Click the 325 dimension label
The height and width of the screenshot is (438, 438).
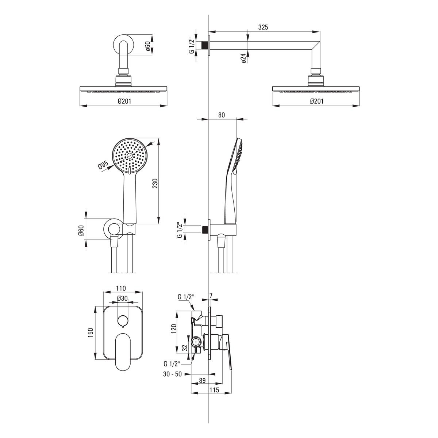[263, 27]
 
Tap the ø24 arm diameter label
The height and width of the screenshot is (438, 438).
[243, 58]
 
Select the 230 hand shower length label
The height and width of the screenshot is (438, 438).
[155, 184]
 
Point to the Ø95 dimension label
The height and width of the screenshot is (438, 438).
[103, 165]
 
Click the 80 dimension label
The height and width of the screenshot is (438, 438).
[222, 115]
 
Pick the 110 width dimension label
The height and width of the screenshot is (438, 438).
[121, 288]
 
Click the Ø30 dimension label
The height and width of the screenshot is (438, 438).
[122, 298]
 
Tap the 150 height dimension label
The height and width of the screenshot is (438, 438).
[91, 333]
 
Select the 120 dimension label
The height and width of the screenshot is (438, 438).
[173, 329]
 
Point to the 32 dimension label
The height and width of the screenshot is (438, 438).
[185, 348]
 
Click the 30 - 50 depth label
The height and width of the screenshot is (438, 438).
[172, 374]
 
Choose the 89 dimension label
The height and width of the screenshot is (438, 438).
[202, 380]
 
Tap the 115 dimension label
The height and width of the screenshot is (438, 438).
[214, 390]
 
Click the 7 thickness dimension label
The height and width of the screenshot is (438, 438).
[211, 296]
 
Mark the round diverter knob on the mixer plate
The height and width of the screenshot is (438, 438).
[123, 321]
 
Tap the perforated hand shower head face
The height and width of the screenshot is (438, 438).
[130, 156]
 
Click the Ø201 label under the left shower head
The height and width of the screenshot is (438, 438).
[124, 101]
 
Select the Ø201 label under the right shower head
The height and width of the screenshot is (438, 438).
[316, 101]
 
